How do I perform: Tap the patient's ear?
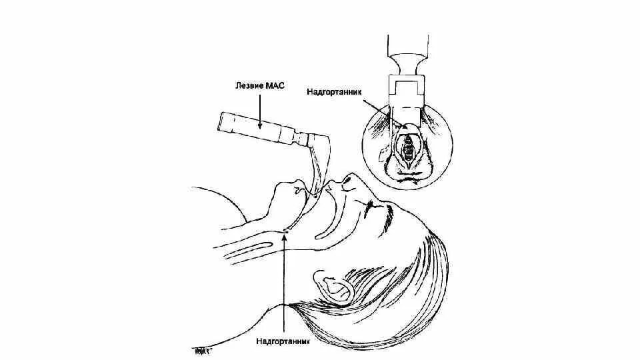click(x=337, y=285)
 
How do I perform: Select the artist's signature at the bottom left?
click(x=201, y=349)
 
